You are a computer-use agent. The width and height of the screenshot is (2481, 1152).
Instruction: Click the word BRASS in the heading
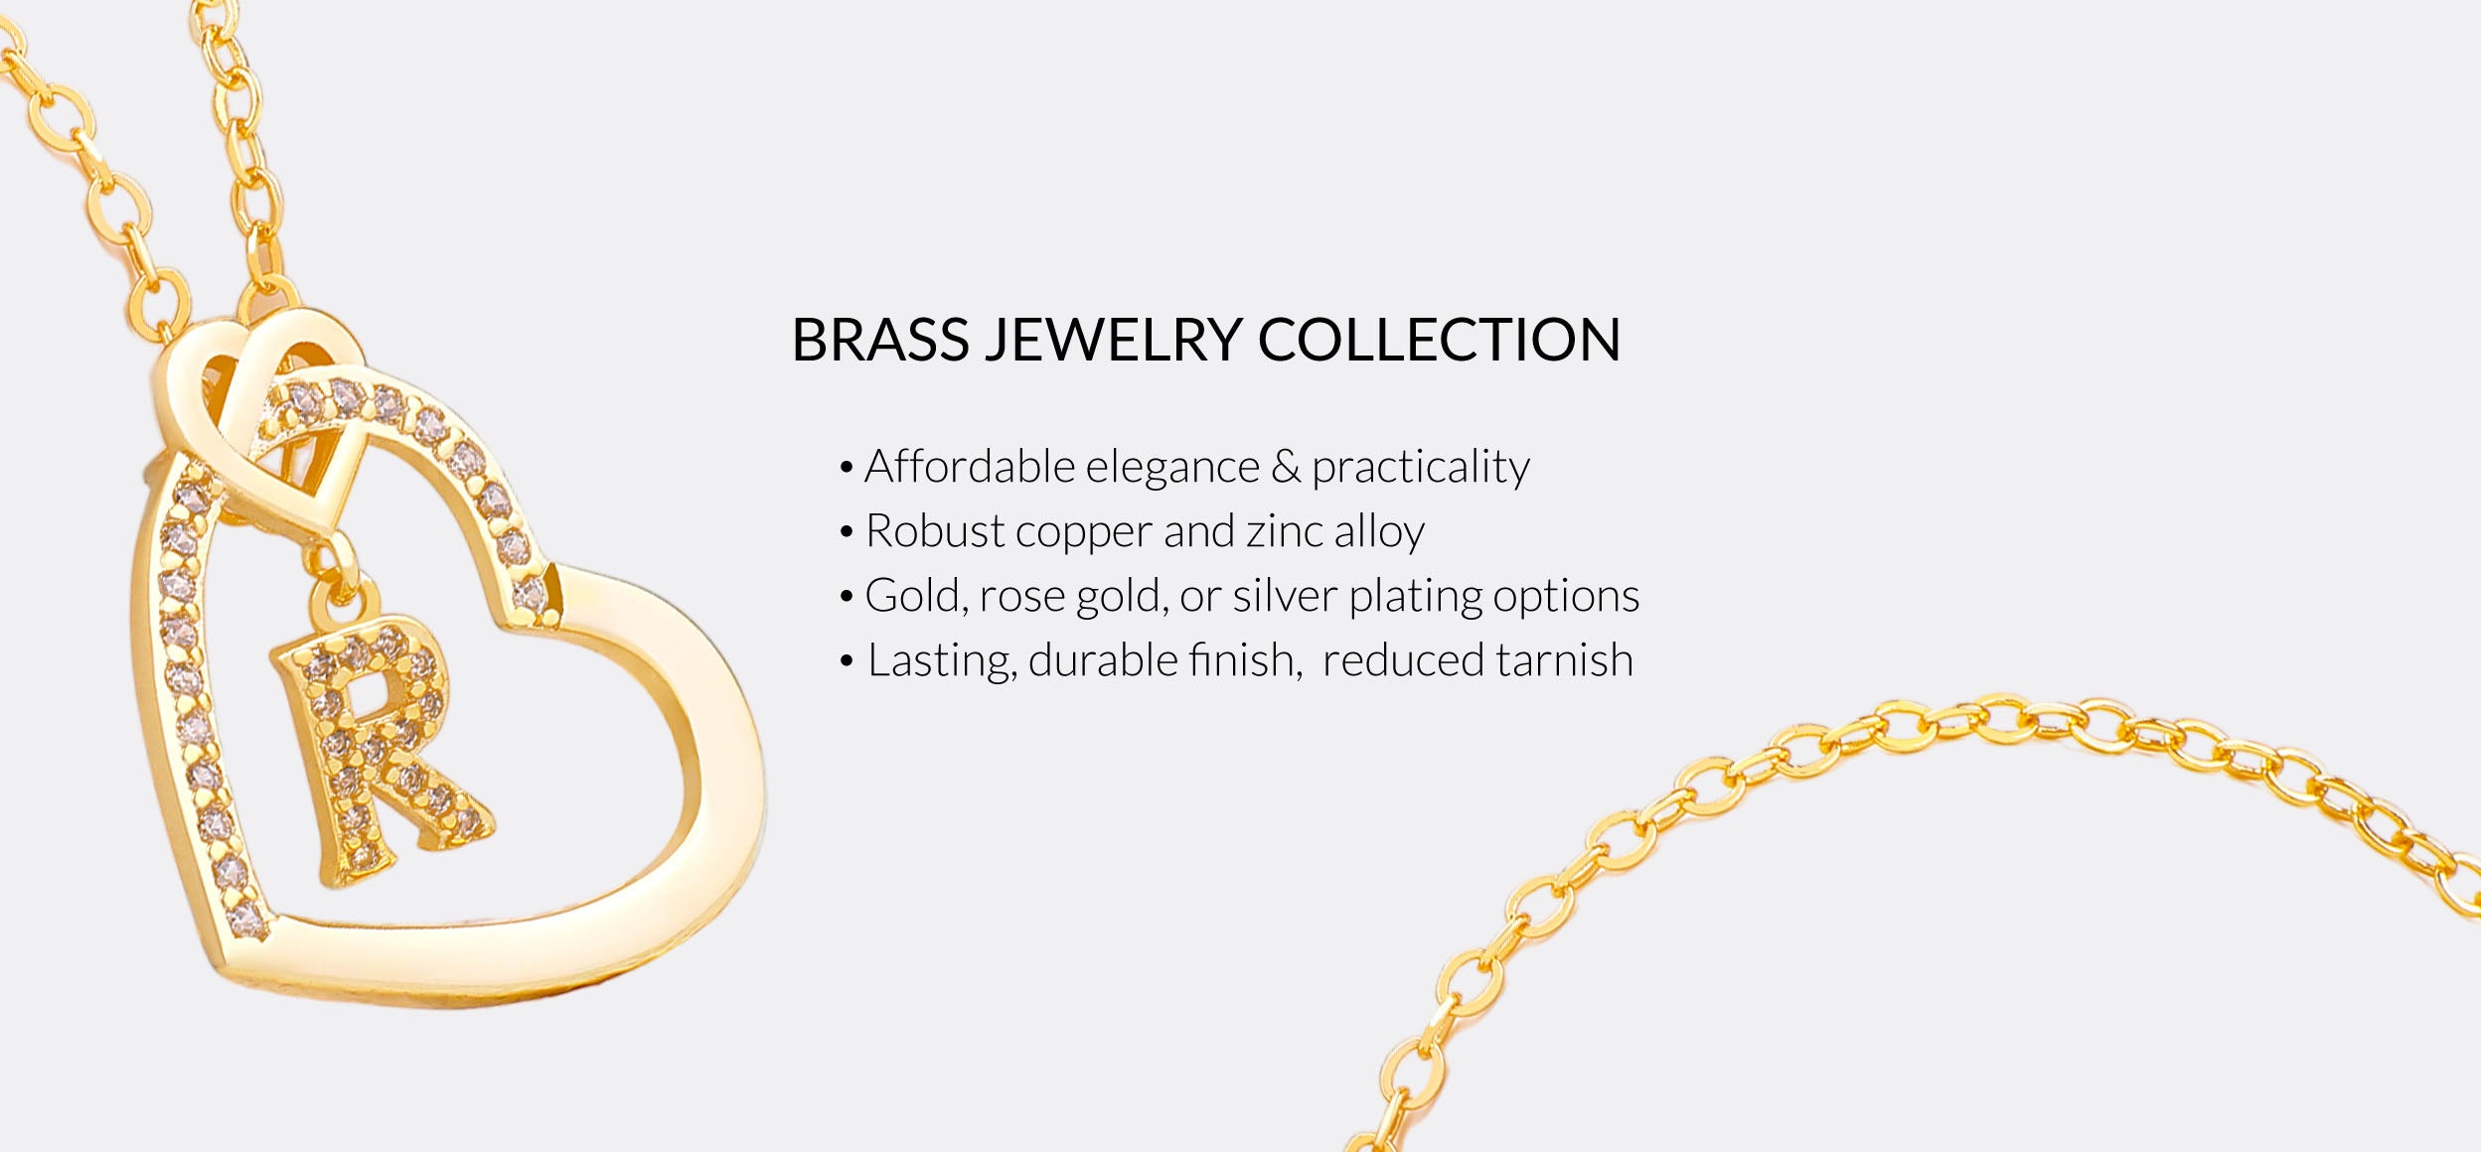(879, 340)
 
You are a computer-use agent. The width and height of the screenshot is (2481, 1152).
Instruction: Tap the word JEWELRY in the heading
(1113, 340)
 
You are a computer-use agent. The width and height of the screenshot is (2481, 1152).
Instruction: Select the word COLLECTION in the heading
(1439, 340)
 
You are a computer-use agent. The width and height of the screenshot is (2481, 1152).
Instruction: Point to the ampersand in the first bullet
(1286, 467)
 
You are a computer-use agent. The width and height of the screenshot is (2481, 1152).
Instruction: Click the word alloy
(1380, 533)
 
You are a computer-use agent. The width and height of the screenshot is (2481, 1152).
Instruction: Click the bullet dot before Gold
(847, 597)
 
